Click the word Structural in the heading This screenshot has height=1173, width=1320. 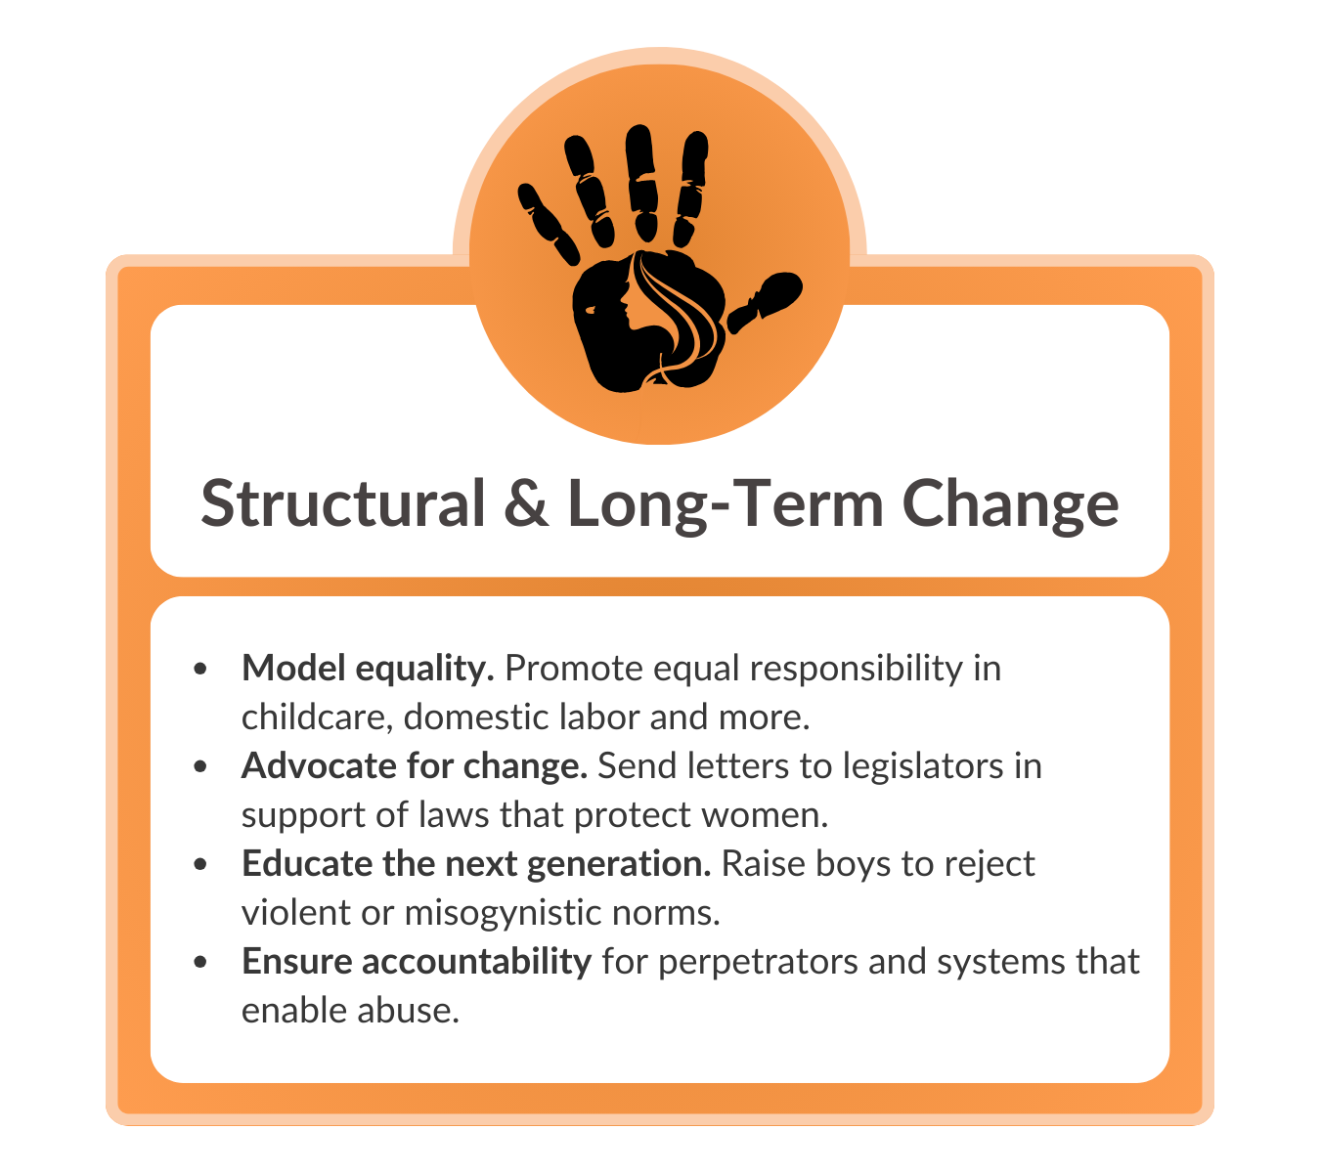[343, 502]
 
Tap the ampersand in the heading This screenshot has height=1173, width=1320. [526, 502]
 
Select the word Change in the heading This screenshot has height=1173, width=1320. [1010, 505]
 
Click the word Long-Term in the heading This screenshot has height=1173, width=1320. [726, 505]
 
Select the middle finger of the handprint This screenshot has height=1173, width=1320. [641, 183]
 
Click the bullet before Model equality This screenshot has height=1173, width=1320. [200, 669]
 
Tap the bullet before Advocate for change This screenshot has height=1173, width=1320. [200, 766]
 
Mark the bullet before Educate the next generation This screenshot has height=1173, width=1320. [200, 864]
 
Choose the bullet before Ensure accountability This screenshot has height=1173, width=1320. [200, 962]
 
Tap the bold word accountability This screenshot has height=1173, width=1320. [476, 962]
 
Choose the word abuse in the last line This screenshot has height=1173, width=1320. [408, 1011]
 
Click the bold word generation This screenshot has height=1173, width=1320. [619, 865]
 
